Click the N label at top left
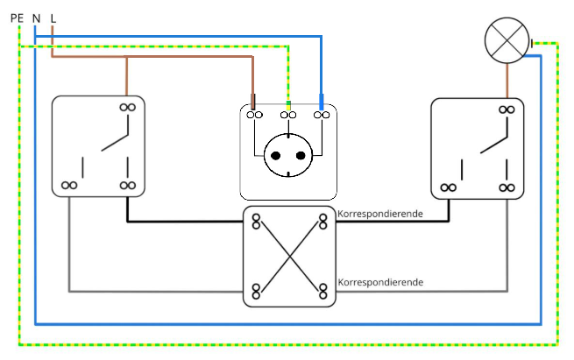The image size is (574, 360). point(36,17)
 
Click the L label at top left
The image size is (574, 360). point(53,17)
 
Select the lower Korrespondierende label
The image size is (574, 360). point(379,282)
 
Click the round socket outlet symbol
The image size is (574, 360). point(288,155)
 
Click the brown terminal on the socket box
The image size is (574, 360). point(253,113)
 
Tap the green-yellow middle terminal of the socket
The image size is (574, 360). point(288,113)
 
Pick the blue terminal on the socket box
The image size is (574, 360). point(323,113)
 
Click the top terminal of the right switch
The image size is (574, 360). point(506,109)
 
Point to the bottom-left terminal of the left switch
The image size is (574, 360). point(70,186)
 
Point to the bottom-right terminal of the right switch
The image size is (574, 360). point(506,187)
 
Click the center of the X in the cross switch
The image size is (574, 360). point(290,255)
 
